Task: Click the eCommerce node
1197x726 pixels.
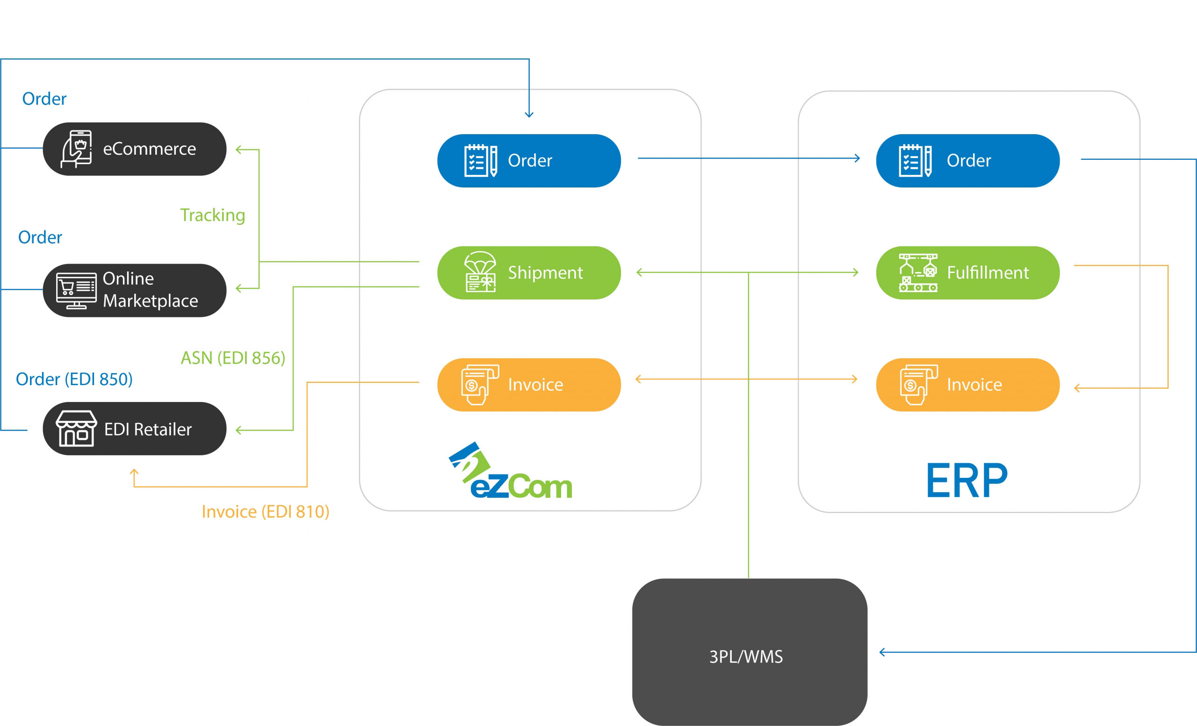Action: tap(135, 149)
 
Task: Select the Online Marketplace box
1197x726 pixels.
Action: tap(135, 290)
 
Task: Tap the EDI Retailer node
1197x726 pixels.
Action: tap(135, 429)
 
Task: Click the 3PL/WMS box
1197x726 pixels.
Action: tap(749, 652)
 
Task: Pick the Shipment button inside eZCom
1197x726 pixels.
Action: tap(528, 273)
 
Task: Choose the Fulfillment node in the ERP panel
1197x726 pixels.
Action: tap(967, 273)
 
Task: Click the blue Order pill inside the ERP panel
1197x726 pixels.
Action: tap(967, 161)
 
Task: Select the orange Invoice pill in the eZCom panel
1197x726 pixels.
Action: tap(528, 385)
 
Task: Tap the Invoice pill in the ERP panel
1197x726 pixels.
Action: tap(967, 385)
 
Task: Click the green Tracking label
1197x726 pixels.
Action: tap(212, 215)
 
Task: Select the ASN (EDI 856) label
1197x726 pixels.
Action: tap(233, 358)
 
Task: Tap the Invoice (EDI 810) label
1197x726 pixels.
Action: tap(265, 512)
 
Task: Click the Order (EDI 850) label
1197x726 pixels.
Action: tap(74, 379)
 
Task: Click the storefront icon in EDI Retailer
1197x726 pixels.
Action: tap(76, 428)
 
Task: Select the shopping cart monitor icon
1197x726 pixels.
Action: tap(76, 290)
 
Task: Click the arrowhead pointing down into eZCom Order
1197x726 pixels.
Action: tap(529, 115)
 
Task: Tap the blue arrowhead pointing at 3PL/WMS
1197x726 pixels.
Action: tap(882, 652)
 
